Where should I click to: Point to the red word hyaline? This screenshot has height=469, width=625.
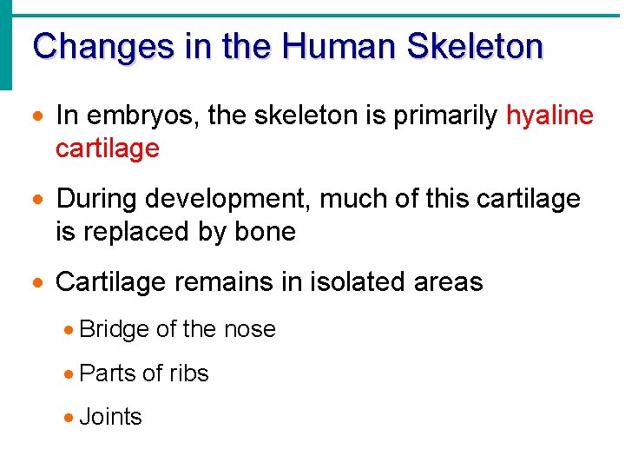[549, 116]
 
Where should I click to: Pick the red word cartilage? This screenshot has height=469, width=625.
[107, 149]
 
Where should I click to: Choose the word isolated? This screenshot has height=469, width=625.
[356, 281]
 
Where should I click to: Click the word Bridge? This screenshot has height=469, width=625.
[114, 330]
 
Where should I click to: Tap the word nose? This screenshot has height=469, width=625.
[249, 330]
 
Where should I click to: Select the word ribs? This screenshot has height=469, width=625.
[189, 373]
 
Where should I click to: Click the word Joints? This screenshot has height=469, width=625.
[110, 417]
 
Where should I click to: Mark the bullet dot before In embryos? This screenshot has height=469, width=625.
[39, 116]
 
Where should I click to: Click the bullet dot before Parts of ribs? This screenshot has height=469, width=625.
[69, 374]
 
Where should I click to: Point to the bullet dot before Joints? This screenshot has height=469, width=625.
[69, 418]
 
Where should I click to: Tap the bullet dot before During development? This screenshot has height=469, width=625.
[39, 200]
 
